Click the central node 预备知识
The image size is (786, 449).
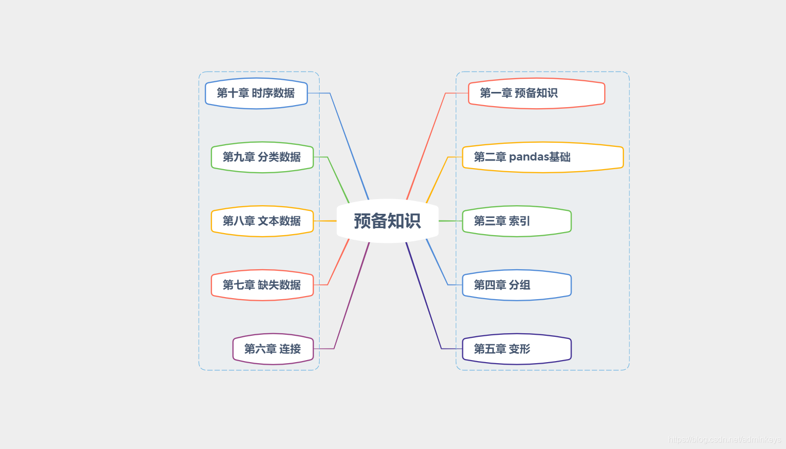pos(387,221)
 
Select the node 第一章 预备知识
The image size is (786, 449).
pos(536,93)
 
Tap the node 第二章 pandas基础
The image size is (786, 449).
pos(542,157)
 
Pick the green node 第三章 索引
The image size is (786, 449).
pos(516,221)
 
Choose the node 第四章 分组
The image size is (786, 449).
pos(516,285)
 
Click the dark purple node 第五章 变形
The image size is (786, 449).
pos(516,349)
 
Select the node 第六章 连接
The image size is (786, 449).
pos(273,349)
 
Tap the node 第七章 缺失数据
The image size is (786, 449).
pos(262,285)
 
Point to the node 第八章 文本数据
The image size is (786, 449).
pos(262,221)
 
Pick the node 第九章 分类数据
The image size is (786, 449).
pos(262,157)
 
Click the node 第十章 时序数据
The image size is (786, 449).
pos(256,93)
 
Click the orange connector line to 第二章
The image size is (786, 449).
pos(437,180)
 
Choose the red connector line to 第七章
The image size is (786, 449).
pos(338,262)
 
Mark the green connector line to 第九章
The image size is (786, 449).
pos(338,180)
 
